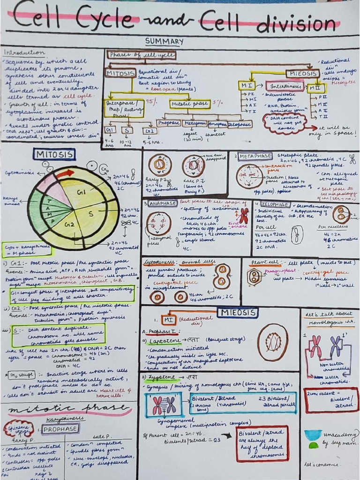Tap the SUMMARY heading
164,42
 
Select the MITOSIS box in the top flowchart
120,74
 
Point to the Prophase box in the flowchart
169,123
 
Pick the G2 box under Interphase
149,130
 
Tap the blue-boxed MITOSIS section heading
54,154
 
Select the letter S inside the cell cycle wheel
91,214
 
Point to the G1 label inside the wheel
82,192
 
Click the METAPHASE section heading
256,156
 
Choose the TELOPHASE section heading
272,204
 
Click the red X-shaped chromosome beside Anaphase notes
244,215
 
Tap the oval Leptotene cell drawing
273,343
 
